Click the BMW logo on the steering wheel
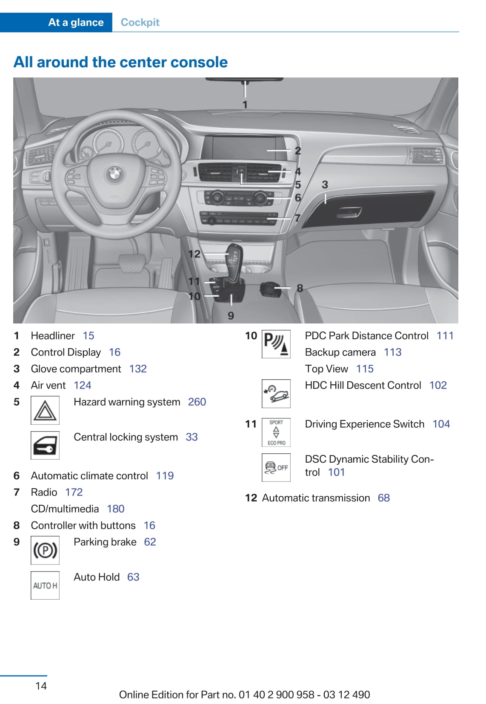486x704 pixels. click(x=114, y=174)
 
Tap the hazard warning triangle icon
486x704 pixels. click(x=45, y=410)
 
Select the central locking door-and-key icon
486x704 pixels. click(x=45, y=446)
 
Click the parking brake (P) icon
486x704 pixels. click(x=45, y=550)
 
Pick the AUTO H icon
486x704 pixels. click(x=45, y=586)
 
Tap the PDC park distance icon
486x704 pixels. click(x=276, y=344)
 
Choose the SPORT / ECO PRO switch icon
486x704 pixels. click(x=276, y=432)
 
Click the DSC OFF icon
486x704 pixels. click(x=276, y=468)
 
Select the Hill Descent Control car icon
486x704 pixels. click(x=276, y=394)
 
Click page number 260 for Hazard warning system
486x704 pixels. click(x=197, y=402)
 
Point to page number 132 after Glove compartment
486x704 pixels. click(x=138, y=369)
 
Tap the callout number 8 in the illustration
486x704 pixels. click(x=300, y=288)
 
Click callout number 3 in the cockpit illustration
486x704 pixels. click(x=325, y=185)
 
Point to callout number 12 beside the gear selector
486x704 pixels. click(x=194, y=254)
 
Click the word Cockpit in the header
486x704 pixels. click(x=140, y=23)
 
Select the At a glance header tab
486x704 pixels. click(x=76, y=23)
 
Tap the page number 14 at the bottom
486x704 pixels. click(x=41, y=686)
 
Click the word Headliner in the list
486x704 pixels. click(x=53, y=336)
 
